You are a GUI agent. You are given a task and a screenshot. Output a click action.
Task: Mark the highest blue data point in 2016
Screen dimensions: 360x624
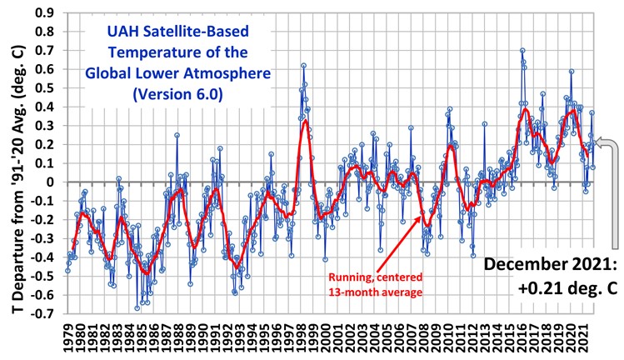coord(522,51)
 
